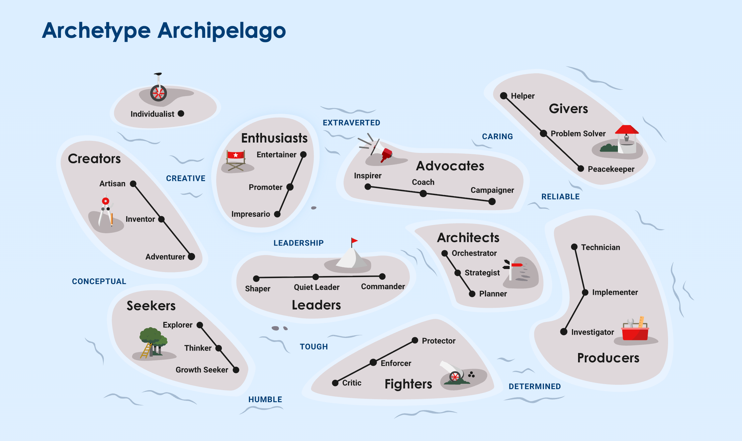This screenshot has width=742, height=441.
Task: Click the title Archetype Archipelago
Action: [164, 31]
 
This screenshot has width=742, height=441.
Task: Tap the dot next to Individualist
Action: [181, 113]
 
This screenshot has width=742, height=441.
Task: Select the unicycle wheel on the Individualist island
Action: [159, 93]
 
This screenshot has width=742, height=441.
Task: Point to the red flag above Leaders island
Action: [355, 241]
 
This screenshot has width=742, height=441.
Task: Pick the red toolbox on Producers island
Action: [635, 333]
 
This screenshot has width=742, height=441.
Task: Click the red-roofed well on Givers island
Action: [627, 139]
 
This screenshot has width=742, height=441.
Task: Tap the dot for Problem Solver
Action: [544, 133]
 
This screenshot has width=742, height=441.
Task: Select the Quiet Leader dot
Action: [315, 277]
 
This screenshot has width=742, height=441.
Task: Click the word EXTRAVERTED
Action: [351, 123]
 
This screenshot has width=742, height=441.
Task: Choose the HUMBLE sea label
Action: [265, 400]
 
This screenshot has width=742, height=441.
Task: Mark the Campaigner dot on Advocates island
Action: [492, 201]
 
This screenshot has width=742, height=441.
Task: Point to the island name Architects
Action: [468, 238]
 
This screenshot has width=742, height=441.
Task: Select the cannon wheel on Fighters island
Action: [455, 377]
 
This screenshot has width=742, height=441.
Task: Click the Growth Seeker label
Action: [202, 370]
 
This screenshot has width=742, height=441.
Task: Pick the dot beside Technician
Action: [574, 247]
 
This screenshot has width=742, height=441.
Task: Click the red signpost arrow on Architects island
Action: [517, 265]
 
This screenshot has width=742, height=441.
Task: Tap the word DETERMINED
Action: [535, 386]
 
